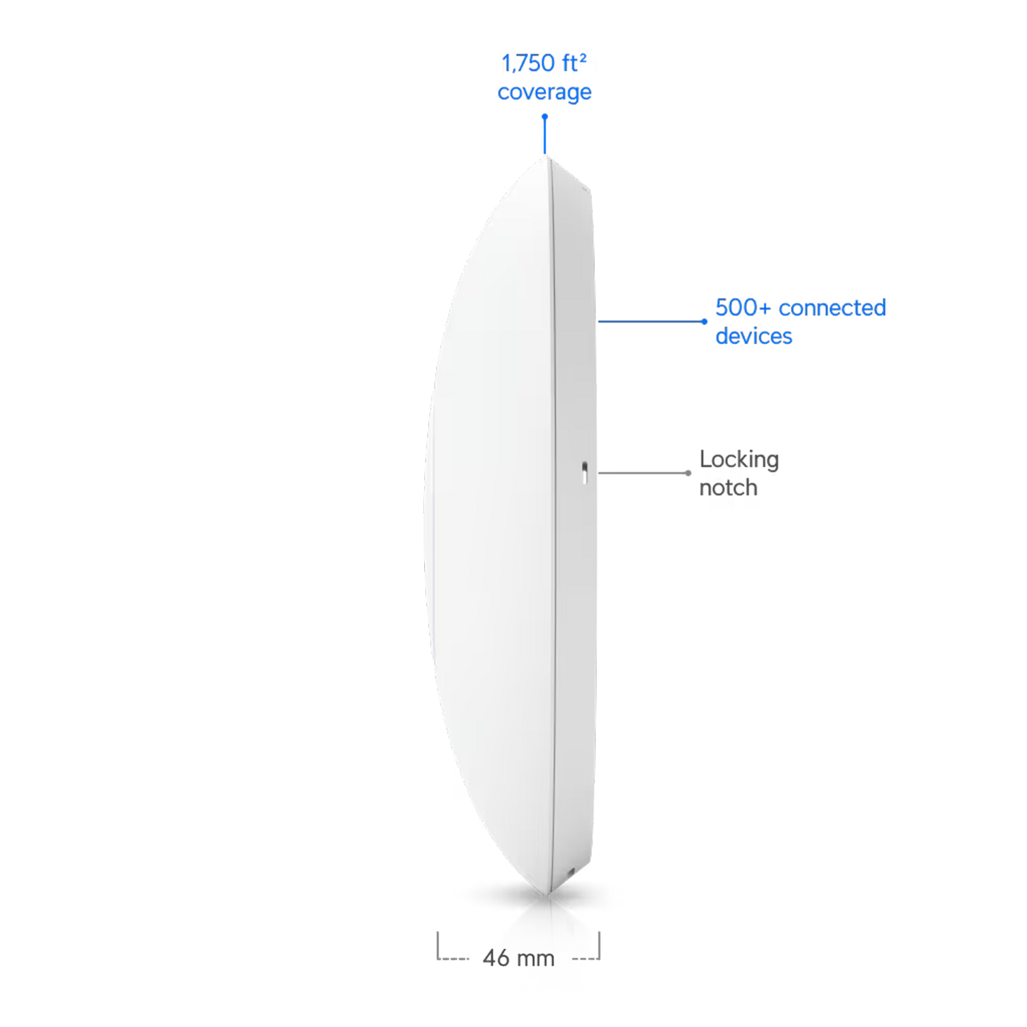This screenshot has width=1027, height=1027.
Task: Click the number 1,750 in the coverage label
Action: coord(527,64)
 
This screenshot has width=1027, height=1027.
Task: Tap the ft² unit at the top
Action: coord(574,63)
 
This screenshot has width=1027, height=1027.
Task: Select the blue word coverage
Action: coord(544,92)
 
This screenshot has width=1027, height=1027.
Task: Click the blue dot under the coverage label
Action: coord(544,116)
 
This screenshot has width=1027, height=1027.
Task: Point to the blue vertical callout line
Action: coord(544,135)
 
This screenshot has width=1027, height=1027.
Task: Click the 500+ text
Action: coord(743,308)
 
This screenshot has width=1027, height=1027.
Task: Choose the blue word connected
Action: coord(832,308)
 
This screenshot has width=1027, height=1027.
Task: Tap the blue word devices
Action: coord(753,336)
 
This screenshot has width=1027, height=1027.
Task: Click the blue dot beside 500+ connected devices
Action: coord(704,321)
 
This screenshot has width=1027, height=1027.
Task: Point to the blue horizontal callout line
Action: coord(651,321)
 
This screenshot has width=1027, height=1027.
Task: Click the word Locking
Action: coord(738,460)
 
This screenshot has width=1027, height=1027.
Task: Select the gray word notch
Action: coord(728,488)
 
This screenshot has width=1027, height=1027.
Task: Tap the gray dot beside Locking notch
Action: coord(688,473)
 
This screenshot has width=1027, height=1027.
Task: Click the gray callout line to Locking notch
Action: coord(643,473)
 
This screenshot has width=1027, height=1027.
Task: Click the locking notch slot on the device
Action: coord(584,473)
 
